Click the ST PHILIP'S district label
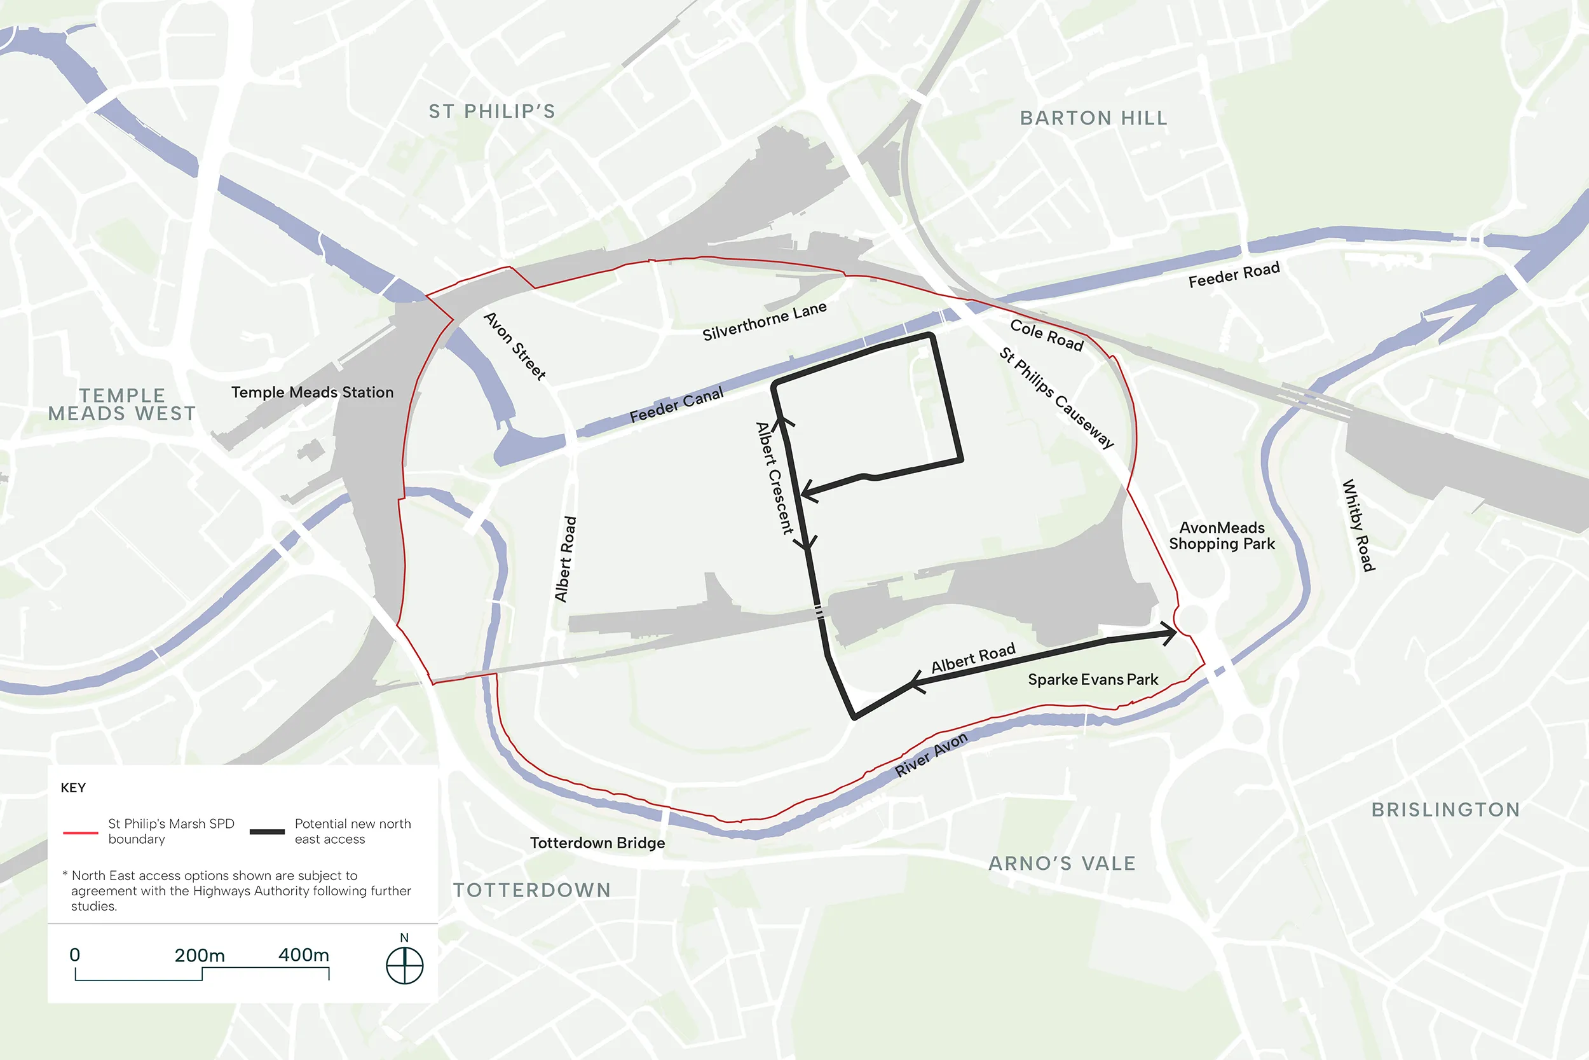492,111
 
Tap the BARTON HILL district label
1093,118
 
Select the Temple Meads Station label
312,392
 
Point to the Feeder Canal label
676,405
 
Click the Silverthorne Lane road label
764,321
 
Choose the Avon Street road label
515,346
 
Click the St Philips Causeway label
1056,397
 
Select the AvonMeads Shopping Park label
1222,535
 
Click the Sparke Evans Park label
1093,679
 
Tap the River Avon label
931,754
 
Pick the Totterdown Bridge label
597,843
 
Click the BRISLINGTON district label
1445,810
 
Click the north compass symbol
404,965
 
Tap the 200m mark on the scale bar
200,956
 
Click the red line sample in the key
80,832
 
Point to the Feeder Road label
1234,275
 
